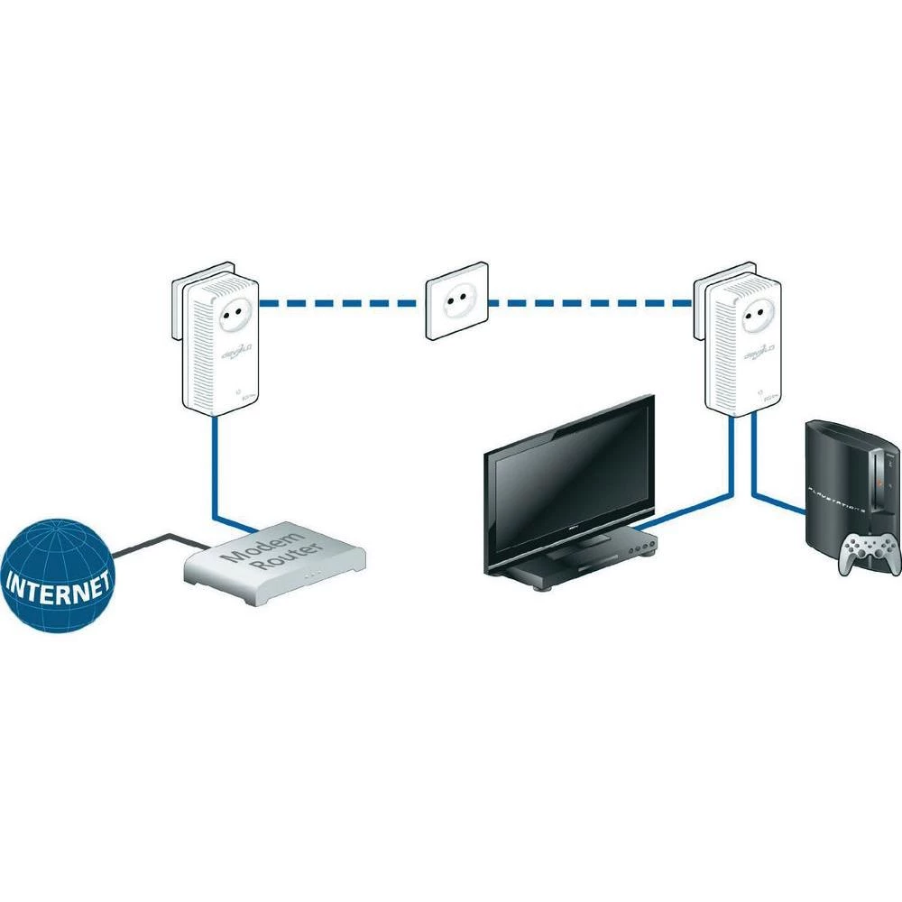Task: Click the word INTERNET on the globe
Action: [x=60, y=583]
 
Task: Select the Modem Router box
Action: [x=275, y=564]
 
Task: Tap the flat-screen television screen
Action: [x=568, y=483]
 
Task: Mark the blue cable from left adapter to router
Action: [x=215, y=478]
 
